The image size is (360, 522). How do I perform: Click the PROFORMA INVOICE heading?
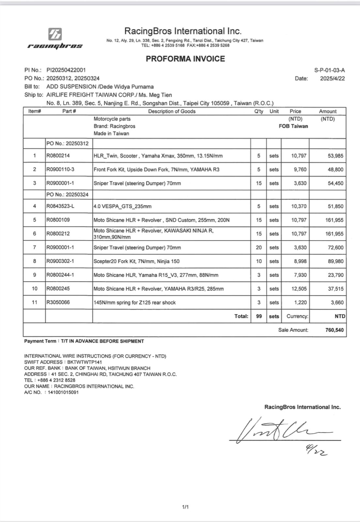[x=185, y=59]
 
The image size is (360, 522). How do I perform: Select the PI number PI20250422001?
[x=66, y=70]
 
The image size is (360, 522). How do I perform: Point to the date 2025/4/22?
[x=332, y=78]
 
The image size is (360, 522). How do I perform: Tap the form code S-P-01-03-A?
[x=329, y=70]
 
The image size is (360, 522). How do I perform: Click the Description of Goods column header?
[x=172, y=111]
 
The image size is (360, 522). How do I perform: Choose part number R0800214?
[x=58, y=156]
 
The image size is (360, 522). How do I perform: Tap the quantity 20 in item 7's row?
[x=259, y=248]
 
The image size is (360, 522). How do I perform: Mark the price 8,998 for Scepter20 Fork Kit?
[x=300, y=261]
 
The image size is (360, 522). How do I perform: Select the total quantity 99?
[x=259, y=316]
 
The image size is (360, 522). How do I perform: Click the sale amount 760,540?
[x=334, y=330]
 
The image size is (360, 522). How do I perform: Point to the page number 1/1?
[x=185, y=507]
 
